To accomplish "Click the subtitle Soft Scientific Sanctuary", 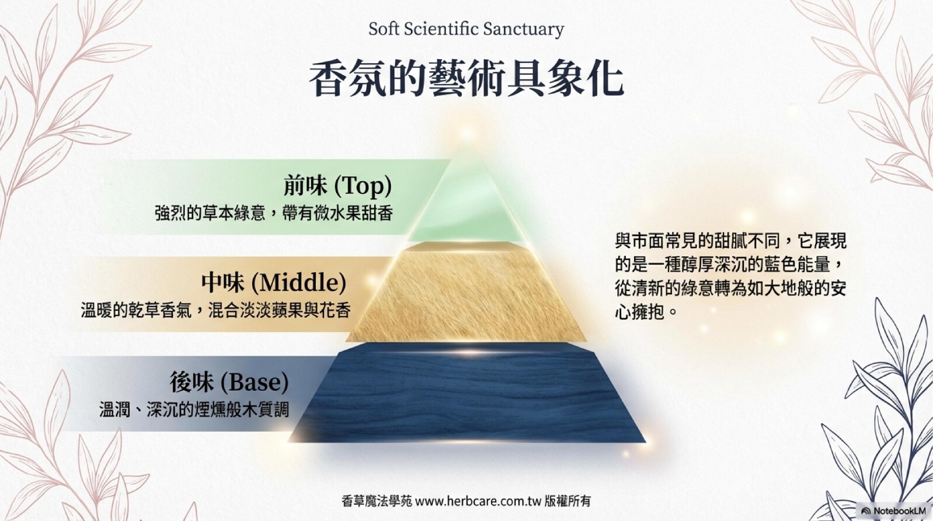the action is (x=466, y=29).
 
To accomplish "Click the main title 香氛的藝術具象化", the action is (x=466, y=79).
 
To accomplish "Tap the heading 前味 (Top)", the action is (x=337, y=186).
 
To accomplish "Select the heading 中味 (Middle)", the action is (x=274, y=283).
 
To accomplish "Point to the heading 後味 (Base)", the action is (x=229, y=382).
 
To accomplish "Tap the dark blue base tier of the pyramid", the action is (x=466, y=394).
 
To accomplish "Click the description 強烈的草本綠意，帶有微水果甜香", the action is (x=274, y=213).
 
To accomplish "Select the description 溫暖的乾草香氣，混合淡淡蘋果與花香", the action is (x=215, y=310).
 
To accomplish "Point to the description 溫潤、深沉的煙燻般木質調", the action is (x=194, y=409).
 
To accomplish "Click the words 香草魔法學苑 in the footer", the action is (x=377, y=501).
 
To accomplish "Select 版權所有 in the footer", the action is (x=568, y=501).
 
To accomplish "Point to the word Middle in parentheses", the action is (x=299, y=283).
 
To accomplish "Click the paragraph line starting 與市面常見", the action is (x=730, y=241).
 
